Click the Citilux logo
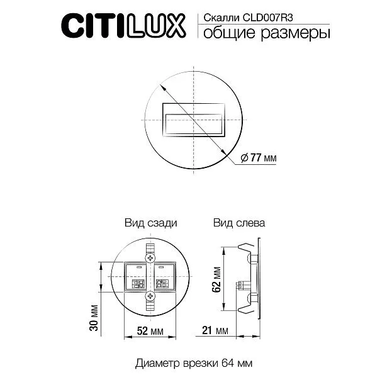click(x=123, y=26)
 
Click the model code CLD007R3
click(x=268, y=18)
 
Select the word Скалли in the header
click(x=221, y=18)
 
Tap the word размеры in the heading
click(x=296, y=33)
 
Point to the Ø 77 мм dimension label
click(x=258, y=158)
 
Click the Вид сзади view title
click(x=151, y=223)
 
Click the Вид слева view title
click(x=239, y=223)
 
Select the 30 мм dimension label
click(x=94, y=318)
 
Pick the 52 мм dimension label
click(x=150, y=331)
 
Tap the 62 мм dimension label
click(x=216, y=279)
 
